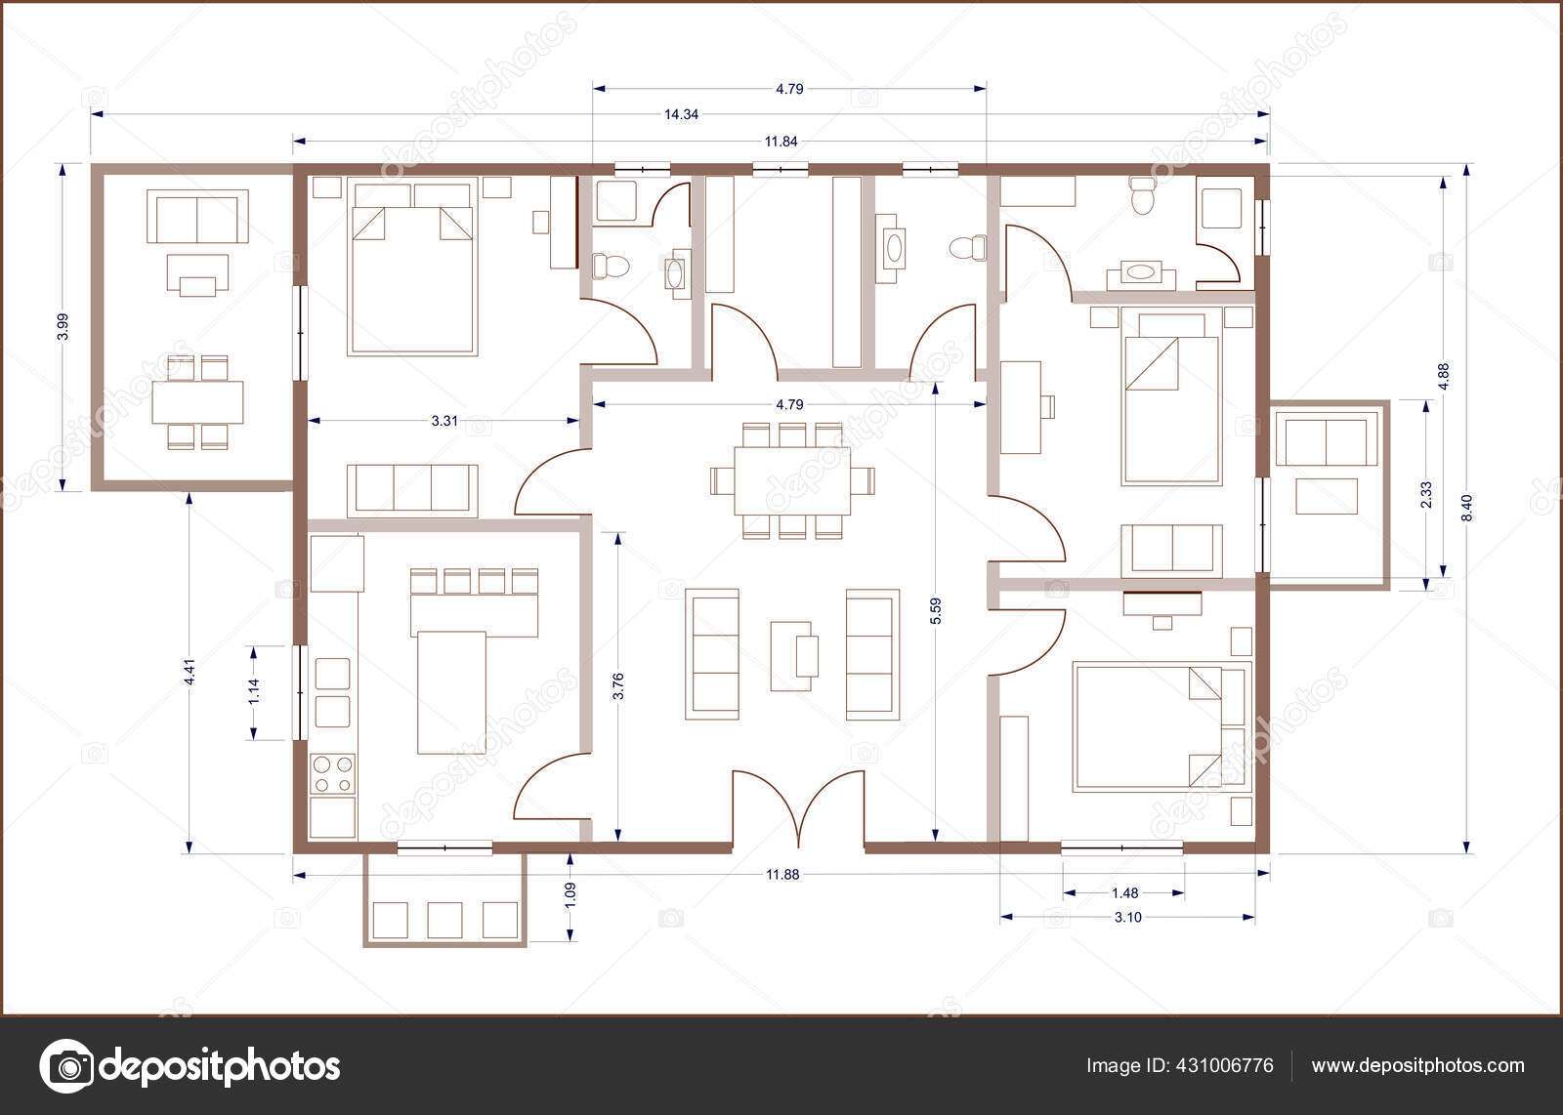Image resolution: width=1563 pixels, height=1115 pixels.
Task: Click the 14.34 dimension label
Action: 681,114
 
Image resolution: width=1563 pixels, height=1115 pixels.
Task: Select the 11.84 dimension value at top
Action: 781,142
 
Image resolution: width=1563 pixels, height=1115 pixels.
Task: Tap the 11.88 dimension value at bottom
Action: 782,875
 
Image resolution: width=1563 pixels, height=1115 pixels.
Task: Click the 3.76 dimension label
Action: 617,686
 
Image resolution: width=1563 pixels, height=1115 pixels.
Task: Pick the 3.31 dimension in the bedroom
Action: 444,422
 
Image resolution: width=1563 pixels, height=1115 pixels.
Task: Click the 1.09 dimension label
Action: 570,895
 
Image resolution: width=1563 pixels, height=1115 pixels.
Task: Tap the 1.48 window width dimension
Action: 1124,892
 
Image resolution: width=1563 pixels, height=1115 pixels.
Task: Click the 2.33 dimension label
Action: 1426,495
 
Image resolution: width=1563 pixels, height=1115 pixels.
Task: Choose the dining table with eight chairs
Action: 793,480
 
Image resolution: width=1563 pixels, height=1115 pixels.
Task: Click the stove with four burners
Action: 332,775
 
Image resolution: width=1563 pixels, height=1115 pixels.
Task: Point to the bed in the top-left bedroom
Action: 411,266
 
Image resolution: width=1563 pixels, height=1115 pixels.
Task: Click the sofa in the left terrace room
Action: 197,216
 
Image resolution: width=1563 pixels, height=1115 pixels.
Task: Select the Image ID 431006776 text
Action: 1180,1065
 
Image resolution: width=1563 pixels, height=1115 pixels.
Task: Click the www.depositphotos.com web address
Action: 1417,1065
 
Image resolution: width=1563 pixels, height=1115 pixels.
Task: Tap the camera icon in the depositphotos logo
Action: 67,1065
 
